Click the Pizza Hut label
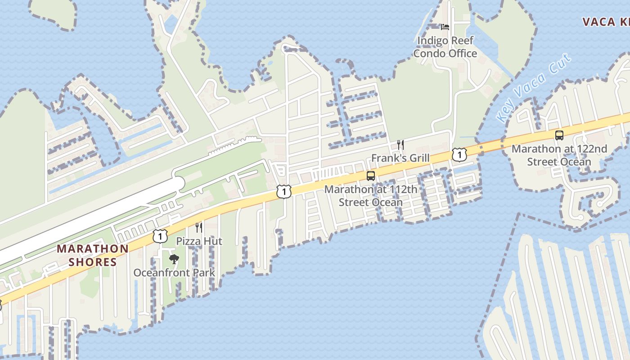[x=199, y=241]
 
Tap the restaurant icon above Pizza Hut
[x=198, y=227]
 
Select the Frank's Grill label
[x=400, y=158]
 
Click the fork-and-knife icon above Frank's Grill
[x=400, y=144]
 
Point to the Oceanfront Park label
[x=174, y=273]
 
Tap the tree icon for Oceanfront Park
[x=174, y=259]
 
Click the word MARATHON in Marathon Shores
[x=93, y=248]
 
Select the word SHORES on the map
[x=93, y=262]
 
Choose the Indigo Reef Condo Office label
[x=445, y=47]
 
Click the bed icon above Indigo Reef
[x=445, y=27]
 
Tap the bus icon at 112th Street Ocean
[x=371, y=176]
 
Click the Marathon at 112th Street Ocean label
[x=371, y=196]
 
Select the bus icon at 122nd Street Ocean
[x=559, y=135]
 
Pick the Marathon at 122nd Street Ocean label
[x=559, y=155]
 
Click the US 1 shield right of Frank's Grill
[x=459, y=155]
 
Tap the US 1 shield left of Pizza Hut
[x=160, y=236]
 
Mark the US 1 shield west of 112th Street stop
[x=284, y=191]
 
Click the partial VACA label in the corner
[x=606, y=22]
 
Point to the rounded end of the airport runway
[x=179, y=184]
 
